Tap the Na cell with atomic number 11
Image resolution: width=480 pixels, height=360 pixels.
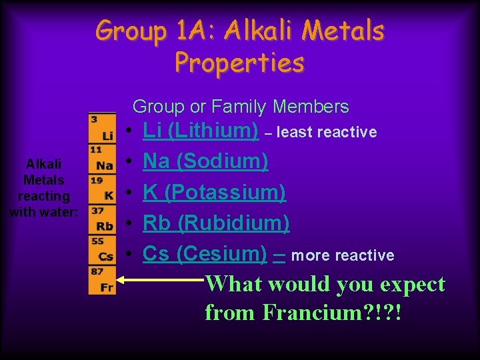(x=102, y=159)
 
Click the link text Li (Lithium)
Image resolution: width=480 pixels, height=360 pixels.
(x=201, y=131)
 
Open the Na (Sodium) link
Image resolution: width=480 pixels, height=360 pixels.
(x=206, y=161)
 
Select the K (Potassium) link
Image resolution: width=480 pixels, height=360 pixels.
(x=214, y=192)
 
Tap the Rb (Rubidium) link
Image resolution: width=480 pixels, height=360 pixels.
(x=216, y=223)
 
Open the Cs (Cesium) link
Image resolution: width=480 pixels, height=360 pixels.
(x=205, y=253)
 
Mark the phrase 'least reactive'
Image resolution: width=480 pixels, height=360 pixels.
(x=326, y=133)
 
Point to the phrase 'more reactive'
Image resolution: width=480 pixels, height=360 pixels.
(x=343, y=256)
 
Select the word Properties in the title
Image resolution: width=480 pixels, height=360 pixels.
(x=240, y=62)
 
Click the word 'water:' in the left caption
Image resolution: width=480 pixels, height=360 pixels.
(x=61, y=213)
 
